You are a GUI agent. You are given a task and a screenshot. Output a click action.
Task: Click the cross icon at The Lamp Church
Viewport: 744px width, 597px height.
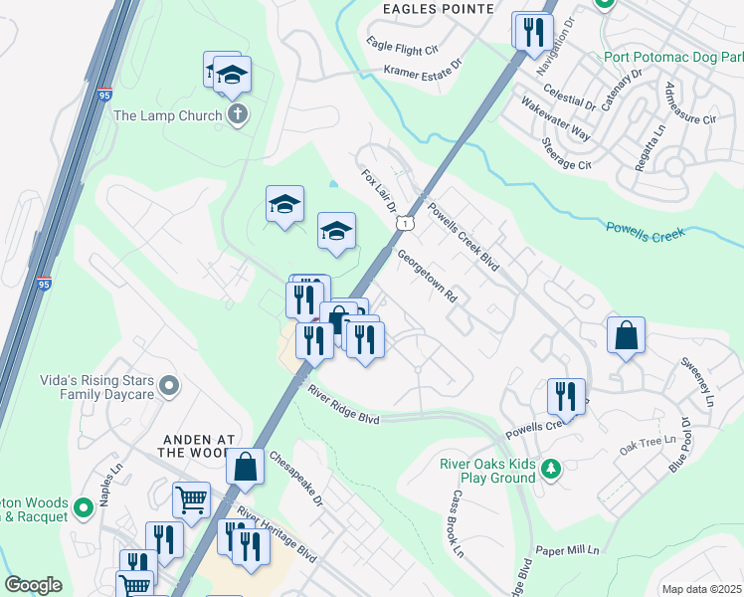click(236, 115)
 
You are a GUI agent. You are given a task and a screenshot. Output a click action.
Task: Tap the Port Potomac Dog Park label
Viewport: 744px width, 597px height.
click(673, 56)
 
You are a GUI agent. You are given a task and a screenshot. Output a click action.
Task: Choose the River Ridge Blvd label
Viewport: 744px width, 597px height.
click(343, 405)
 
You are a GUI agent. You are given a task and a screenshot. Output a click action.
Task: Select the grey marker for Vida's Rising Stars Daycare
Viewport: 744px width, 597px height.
click(169, 384)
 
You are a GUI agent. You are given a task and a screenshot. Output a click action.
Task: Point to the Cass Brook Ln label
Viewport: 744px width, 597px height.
click(458, 523)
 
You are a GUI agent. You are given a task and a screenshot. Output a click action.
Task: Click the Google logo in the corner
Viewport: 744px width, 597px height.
click(33, 585)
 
